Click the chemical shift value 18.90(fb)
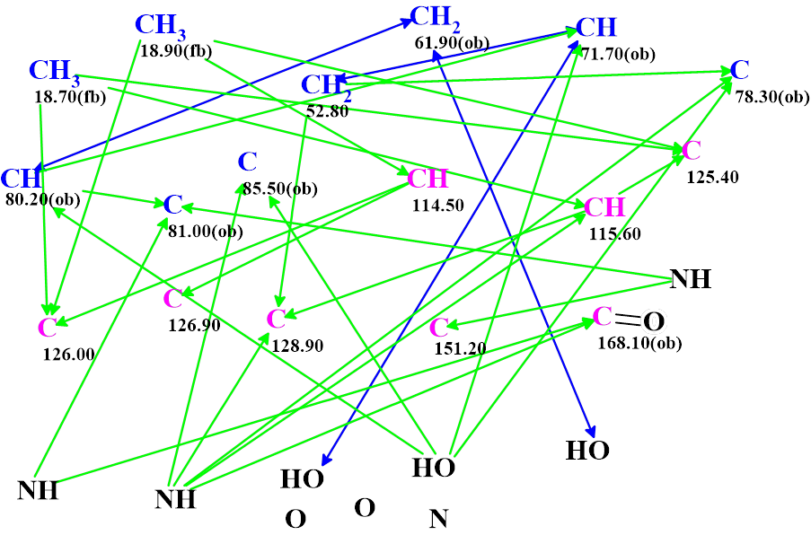175,51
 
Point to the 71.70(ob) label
616,54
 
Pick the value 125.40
712,177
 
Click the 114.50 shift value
438,205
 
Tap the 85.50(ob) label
280,189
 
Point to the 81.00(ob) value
205,230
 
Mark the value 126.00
68,354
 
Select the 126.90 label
194,325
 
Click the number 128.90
295,345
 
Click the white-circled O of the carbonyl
657,320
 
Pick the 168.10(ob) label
639,342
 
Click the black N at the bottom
438,518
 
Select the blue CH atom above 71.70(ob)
596,28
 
